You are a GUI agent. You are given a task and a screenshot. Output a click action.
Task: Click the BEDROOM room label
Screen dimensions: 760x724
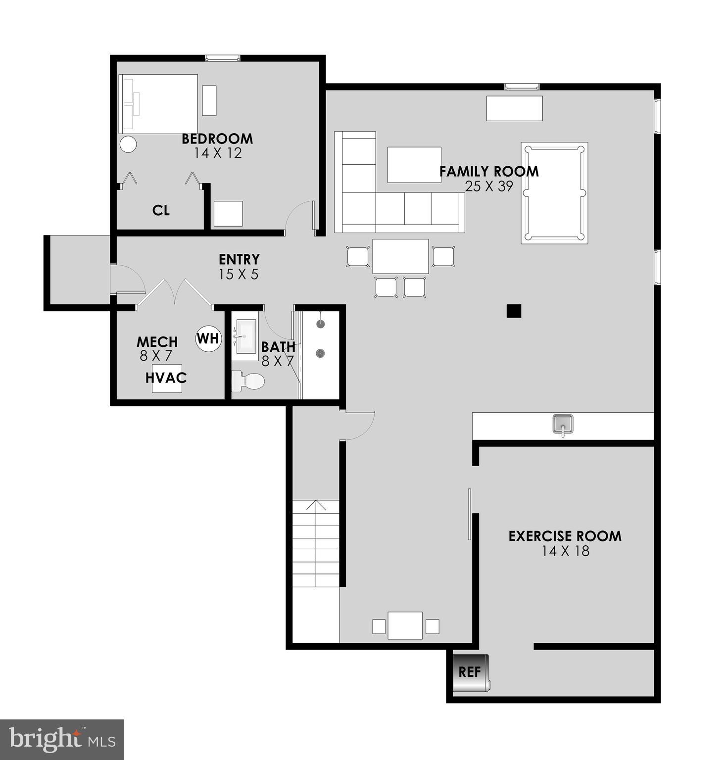pyautogui.click(x=217, y=139)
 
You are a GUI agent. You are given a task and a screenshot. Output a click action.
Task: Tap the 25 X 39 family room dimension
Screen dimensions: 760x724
pyautogui.click(x=488, y=187)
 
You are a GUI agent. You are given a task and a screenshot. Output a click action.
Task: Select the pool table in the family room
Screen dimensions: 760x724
pyautogui.click(x=554, y=192)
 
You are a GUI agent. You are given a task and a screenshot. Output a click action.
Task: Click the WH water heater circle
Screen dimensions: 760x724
pyautogui.click(x=208, y=339)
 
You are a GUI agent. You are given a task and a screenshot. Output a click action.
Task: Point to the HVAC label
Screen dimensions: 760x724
pyautogui.click(x=166, y=378)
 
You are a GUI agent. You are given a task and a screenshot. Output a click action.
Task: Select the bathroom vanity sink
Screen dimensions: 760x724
pyautogui.click(x=245, y=336)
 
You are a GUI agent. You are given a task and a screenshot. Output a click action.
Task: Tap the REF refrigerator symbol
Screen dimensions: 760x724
pyautogui.click(x=471, y=672)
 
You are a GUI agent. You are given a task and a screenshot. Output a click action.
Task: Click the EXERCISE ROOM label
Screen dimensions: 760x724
pyautogui.click(x=565, y=536)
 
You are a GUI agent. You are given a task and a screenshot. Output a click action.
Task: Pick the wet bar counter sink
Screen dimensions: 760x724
pyautogui.click(x=563, y=425)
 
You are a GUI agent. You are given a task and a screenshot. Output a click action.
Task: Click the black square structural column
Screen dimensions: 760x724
pyautogui.click(x=514, y=311)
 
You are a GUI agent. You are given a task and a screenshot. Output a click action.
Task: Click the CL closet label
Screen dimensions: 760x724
pyautogui.click(x=161, y=211)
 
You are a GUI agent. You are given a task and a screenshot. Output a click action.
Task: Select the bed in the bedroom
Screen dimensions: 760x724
pyautogui.click(x=158, y=104)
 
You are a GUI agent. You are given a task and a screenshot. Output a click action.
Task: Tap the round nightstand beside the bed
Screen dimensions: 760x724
pyautogui.click(x=128, y=144)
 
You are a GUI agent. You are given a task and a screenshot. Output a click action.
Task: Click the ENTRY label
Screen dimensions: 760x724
pyautogui.click(x=239, y=259)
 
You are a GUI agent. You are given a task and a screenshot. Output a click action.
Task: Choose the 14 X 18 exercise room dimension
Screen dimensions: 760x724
pyautogui.click(x=565, y=551)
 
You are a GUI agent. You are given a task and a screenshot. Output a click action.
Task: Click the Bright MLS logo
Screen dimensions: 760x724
pyautogui.click(x=62, y=739)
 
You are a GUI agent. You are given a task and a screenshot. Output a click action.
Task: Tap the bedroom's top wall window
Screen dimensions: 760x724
pyautogui.click(x=223, y=58)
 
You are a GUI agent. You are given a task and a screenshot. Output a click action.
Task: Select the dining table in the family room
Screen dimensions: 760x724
pyautogui.click(x=400, y=256)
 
